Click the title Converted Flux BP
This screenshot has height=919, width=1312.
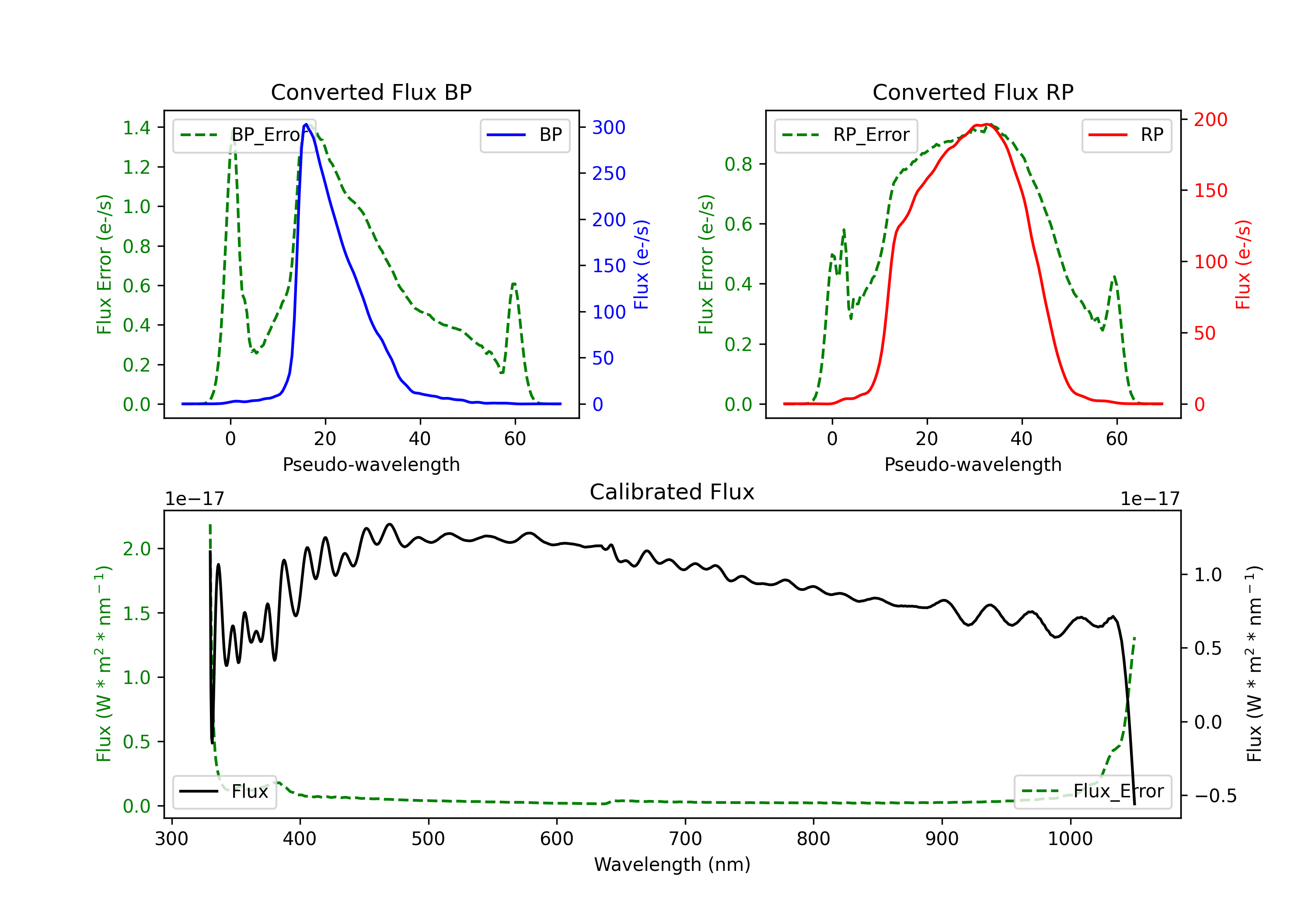point(371,92)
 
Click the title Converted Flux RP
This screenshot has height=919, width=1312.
point(973,92)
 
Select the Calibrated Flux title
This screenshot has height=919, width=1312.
point(672,492)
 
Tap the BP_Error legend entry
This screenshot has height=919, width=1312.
point(244,135)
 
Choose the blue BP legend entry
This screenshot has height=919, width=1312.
point(524,135)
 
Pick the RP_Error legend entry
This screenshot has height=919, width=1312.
point(846,135)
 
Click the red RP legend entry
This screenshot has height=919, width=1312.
point(1126,135)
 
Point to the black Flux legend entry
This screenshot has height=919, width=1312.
point(224,792)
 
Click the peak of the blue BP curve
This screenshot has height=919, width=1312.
point(306,124)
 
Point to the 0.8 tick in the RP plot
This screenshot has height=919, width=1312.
point(738,164)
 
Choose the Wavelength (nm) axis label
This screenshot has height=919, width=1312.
point(672,864)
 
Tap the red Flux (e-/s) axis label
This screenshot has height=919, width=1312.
point(1243,264)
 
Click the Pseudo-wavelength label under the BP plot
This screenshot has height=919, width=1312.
point(371,464)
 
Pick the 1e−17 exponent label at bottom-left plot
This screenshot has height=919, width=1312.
point(194,499)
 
